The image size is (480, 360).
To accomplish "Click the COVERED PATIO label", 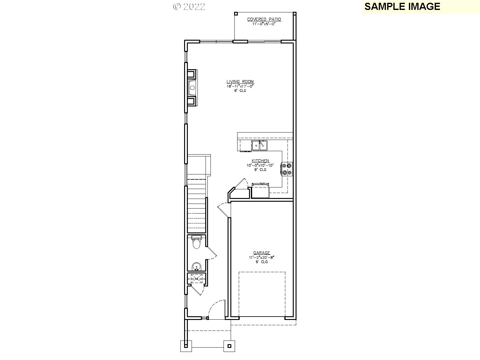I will pos(264,19).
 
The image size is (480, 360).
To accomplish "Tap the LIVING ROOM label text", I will pos(240,82).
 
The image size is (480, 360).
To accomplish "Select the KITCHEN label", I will pos(260,160).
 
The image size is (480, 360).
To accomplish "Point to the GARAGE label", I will pos(261,253).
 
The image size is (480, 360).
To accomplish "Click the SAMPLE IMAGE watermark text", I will pos(402,7).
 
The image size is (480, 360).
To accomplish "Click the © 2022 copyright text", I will pos(189,7).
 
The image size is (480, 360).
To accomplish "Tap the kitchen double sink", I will pos(260,145).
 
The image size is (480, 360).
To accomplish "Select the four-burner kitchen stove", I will pos(287,169).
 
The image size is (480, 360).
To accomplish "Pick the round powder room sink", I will pos(196,266).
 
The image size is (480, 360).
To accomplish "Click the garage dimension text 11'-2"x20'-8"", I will pos(261,257).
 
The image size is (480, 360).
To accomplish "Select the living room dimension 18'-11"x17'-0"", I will pos(240,86).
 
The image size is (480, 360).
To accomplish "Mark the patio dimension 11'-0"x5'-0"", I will pos(264,24).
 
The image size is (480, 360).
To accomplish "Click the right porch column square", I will pos(229,346).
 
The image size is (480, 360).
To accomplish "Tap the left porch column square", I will pos(186,346).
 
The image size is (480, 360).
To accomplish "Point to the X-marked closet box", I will pos(196,278).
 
